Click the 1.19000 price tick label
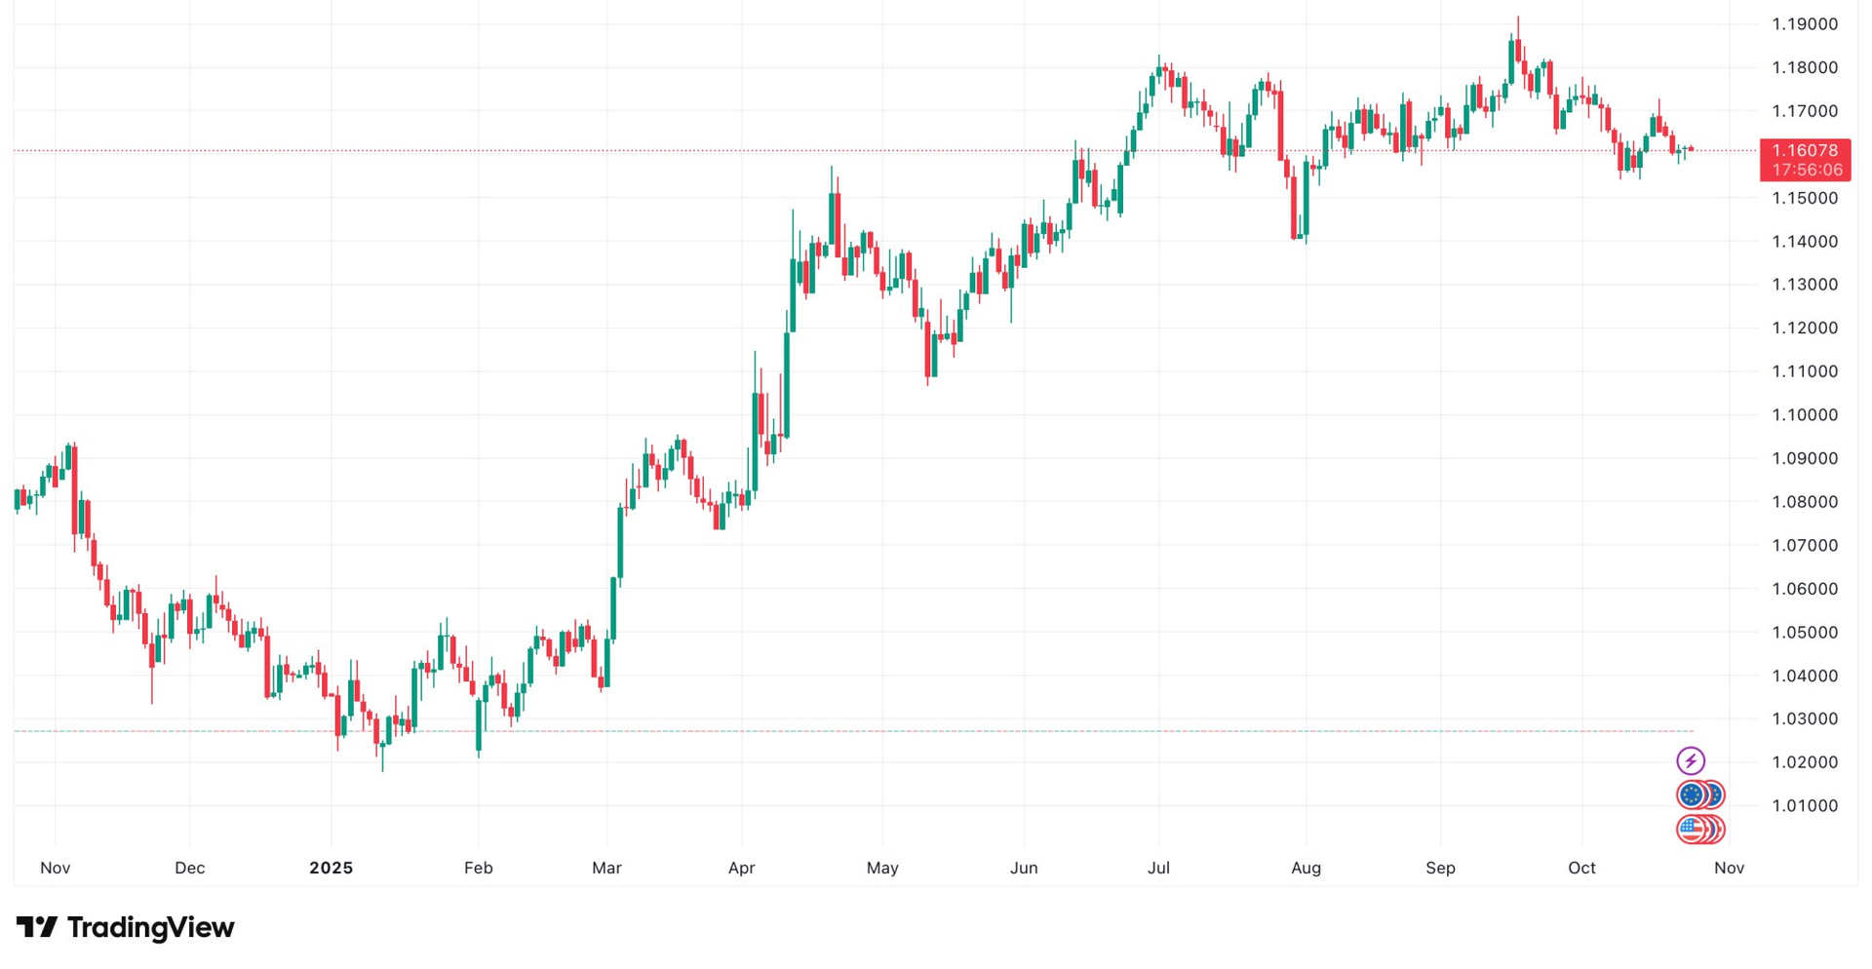[1804, 24]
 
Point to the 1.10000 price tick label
[1804, 415]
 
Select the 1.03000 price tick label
[1804, 719]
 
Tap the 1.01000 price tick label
[1804, 806]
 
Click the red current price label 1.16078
[1805, 150]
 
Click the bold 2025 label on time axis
[331, 868]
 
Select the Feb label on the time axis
[478, 868]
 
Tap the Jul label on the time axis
[1158, 868]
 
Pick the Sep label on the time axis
[1440, 868]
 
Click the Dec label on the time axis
[189, 868]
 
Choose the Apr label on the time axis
[741, 868]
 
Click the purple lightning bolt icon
[1691, 760]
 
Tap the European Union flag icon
[1693, 795]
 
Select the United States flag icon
[1693, 830]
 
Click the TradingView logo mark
[37, 927]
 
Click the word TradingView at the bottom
[150, 927]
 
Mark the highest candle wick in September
[1518, 19]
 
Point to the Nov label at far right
[1729, 868]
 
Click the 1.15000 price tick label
[1804, 198]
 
